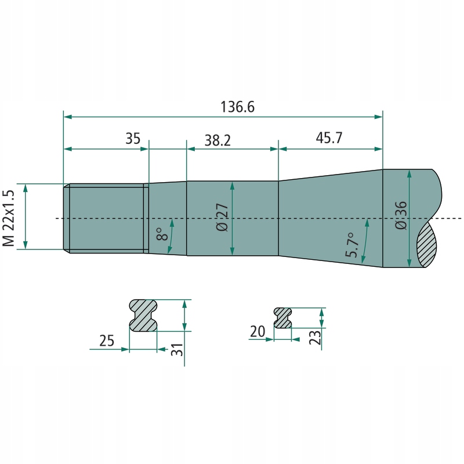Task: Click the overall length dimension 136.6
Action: [237, 107]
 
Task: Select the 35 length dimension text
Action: [133, 139]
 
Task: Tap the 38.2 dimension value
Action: [217, 140]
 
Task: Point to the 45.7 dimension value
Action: [329, 137]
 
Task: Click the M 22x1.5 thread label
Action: [9, 218]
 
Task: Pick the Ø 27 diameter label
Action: [222, 217]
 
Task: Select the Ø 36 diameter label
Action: [401, 215]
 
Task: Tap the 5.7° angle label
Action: [353, 245]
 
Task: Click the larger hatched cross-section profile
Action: [143, 316]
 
